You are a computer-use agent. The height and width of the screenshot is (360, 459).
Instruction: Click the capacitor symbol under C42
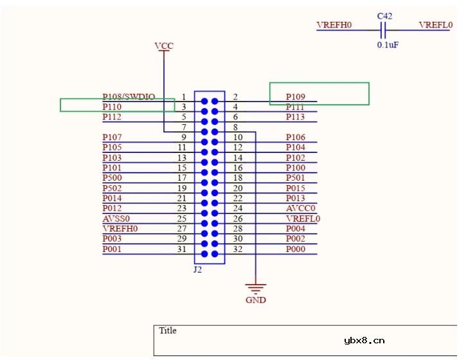383,30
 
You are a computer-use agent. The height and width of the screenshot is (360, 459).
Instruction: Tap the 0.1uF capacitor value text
388,46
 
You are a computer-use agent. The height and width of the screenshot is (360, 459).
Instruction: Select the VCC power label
164,46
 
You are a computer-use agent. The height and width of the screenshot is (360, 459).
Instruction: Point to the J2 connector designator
198,270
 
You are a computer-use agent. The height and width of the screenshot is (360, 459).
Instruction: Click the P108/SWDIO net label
129,96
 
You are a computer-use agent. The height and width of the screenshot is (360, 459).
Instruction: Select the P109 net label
296,97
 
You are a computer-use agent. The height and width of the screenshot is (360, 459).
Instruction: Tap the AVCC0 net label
300,208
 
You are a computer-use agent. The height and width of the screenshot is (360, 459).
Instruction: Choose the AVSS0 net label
116,219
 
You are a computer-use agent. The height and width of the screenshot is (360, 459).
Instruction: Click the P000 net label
296,249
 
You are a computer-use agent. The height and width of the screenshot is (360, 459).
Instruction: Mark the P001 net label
112,249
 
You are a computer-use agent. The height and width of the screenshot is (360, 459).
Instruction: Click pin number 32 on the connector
237,249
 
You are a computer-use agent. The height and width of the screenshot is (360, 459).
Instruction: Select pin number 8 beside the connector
235,127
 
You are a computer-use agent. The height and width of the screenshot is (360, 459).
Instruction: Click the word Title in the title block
168,330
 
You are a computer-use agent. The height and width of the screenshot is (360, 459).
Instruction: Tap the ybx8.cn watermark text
364,341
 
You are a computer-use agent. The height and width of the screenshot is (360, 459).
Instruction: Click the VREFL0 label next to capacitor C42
435,25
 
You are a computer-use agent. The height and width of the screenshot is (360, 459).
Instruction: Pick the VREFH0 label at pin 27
120,228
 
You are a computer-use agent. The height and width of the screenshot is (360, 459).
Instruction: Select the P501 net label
296,177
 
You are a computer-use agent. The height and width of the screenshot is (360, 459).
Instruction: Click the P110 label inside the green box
112,107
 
